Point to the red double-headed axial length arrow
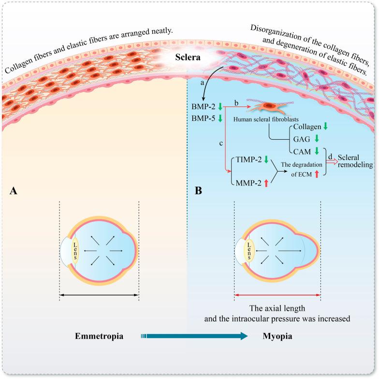point(277,295)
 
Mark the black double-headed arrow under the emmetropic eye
point(99,295)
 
